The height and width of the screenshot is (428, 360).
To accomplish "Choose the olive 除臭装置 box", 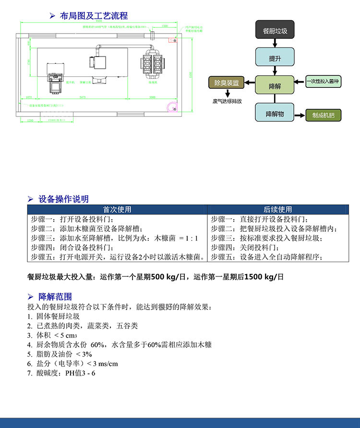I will coord(226,83).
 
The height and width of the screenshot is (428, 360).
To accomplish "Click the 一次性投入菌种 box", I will coord(323,82).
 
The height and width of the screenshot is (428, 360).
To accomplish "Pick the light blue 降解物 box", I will coord(275,113).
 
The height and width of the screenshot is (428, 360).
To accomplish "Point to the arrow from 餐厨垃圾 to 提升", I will coord(275,44).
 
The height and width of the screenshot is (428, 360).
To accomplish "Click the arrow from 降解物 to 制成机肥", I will coord(300,116).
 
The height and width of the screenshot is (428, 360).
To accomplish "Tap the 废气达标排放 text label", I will coord(227,101).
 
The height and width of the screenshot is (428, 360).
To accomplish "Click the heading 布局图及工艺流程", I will coord(94,16).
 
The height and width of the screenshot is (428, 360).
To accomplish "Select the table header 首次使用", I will coord(117,210).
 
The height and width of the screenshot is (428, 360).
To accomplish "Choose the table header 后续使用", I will coord(277,210).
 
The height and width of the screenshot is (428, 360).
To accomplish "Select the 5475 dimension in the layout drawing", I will coord(83,97).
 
